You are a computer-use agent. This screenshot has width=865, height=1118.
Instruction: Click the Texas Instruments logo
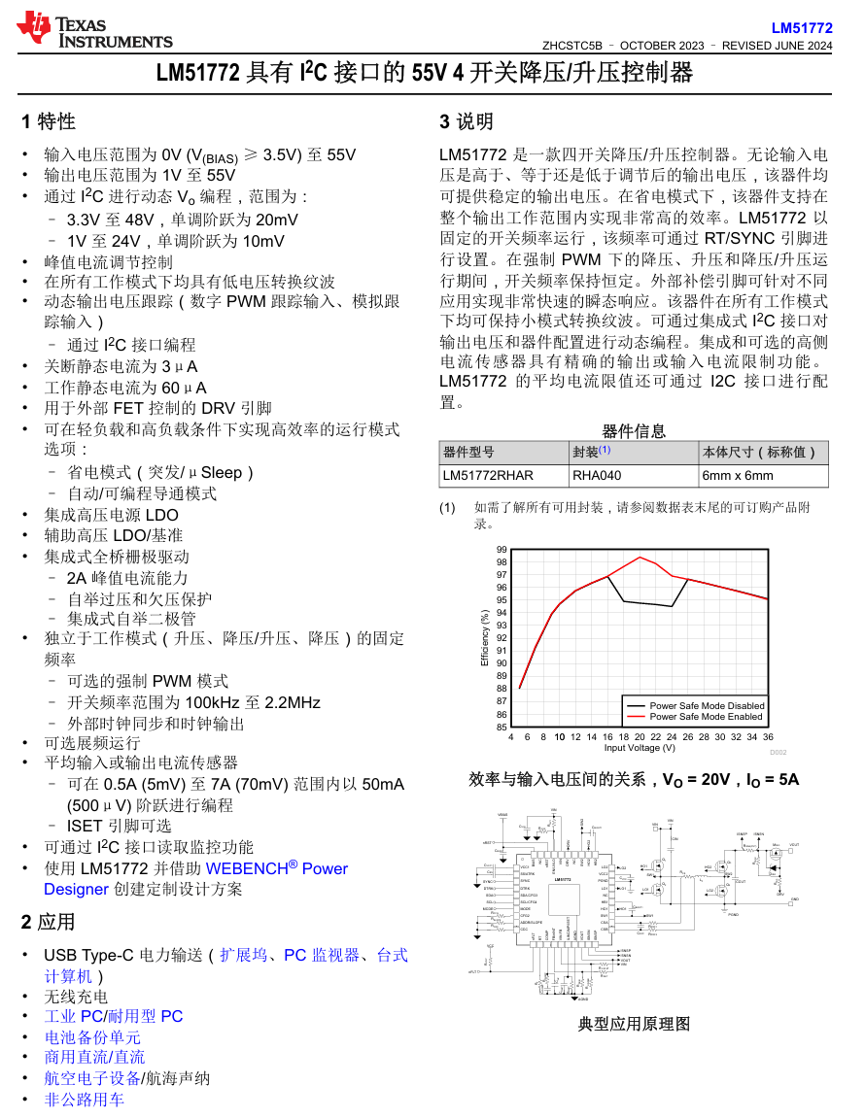(94, 30)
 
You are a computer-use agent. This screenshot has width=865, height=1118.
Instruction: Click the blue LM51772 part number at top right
(802, 28)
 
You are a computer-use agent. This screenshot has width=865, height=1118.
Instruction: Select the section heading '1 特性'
(49, 122)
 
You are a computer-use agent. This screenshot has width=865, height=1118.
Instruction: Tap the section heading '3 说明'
(467, 122)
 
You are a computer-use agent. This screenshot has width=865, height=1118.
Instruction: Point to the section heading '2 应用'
(49, 922)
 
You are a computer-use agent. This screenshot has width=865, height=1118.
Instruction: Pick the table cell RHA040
(597, 476)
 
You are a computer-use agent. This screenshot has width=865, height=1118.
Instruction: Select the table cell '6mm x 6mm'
(738, 476)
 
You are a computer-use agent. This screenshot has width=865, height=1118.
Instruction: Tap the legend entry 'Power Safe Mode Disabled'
(707, 705)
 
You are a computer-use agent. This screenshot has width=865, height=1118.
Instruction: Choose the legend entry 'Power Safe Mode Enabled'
(706, 716)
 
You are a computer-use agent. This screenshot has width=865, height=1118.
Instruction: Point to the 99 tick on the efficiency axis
(502, 550)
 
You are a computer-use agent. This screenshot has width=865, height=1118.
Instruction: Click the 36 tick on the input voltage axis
(768, 737)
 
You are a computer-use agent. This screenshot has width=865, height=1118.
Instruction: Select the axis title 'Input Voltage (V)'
(640, 748)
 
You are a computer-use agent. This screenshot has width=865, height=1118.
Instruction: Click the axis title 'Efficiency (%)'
(484, 638)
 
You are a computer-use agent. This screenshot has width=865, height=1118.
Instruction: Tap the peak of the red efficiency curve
(640, 558)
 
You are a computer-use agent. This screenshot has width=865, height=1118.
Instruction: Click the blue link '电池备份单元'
(92, 1037)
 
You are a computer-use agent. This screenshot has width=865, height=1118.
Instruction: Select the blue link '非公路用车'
(85, 1100)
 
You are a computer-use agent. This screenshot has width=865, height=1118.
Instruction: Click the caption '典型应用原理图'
(634, 1024)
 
